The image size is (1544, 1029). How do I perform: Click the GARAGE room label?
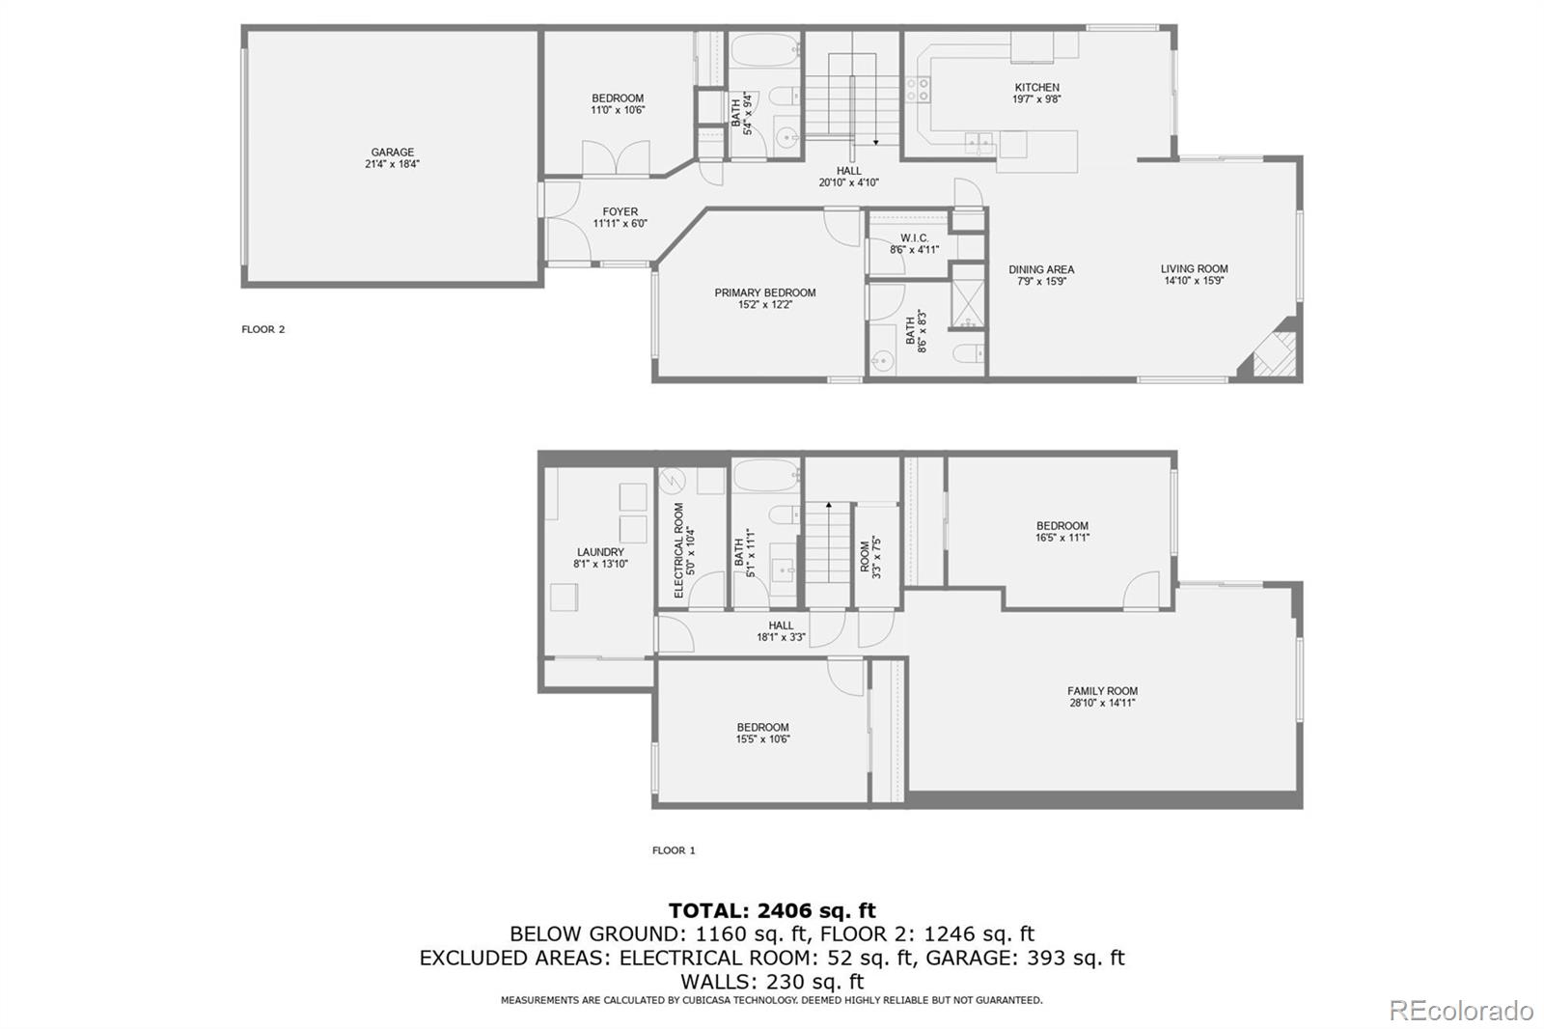392,152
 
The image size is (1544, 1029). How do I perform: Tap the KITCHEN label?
1036,88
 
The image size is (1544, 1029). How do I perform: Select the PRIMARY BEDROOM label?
765,292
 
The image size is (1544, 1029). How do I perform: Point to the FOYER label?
620,211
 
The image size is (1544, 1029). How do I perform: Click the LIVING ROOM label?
1194,269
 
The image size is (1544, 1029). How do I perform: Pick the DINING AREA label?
1041,269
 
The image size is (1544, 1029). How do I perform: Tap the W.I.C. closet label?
914,237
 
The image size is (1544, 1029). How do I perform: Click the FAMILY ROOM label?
1102,691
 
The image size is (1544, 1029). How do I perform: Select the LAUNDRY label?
600,552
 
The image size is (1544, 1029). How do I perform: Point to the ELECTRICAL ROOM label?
679,550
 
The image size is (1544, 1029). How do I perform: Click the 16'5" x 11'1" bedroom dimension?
1062,538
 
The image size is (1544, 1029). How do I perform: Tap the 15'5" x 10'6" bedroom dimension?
762,739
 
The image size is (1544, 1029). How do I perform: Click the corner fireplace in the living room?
1273,350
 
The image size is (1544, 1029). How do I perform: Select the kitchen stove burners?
918,89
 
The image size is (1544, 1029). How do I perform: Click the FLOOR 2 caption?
262,330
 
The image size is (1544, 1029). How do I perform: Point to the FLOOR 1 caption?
674,850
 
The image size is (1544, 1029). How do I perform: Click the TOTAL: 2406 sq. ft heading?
772,910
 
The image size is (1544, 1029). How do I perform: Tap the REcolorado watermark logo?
1461,1011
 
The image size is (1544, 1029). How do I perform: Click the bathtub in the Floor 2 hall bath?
765,49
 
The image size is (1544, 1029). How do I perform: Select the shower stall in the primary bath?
968,295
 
